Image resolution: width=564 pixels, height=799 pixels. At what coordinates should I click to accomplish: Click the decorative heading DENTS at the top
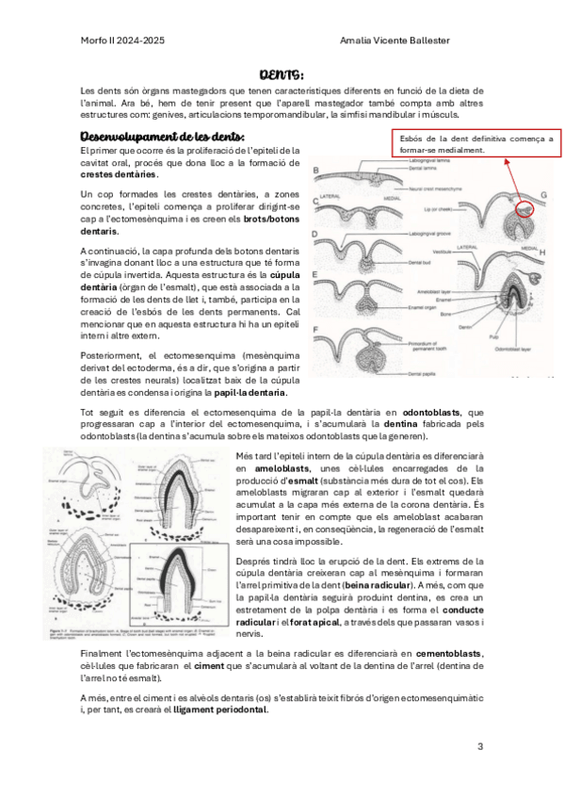(x=281, y=74)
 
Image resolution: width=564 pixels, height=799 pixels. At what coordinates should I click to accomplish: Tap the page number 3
(x=480, y=747)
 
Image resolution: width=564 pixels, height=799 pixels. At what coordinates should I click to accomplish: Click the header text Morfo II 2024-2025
(x=122, y=41)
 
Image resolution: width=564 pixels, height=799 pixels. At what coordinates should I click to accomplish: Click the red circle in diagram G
(x=525, y=209)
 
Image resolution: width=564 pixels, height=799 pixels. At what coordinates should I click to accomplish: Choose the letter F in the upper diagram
(x=316, y=328)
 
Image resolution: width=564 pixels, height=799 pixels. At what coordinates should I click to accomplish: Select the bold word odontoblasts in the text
(x=432, y=411)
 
